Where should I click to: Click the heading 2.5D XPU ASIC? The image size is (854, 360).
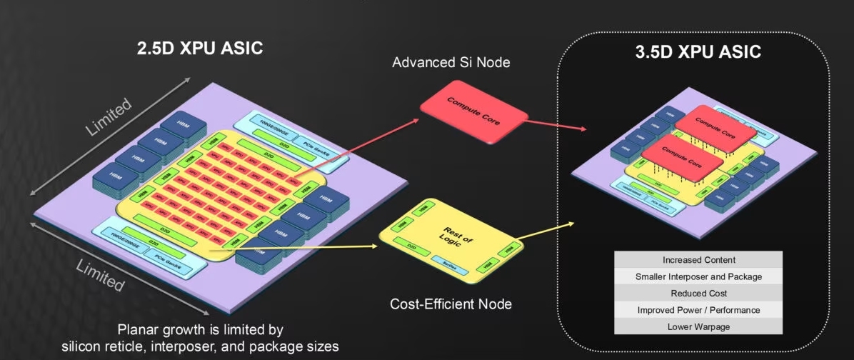click(200, 49)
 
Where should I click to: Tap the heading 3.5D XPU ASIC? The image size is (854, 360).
click(698, 52)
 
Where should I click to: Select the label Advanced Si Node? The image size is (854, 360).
click(451, 63)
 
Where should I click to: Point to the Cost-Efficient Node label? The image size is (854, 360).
click(451, 304)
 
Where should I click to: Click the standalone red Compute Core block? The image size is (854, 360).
click(473, 113)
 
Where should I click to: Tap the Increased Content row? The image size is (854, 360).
click(698, 260)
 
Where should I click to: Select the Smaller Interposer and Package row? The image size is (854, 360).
click(698, 276)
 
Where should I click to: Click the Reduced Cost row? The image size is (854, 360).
click(698, 294)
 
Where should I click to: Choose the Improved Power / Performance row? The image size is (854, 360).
click(698, 310)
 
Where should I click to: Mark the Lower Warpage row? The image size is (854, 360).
click(698, 326)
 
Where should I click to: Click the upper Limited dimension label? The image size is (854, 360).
click(109, 116)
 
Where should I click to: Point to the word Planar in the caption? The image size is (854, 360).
click(139, 330)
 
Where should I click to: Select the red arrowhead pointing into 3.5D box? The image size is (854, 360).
click(583, 130)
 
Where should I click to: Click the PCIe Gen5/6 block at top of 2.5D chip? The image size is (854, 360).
click(318, 142)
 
